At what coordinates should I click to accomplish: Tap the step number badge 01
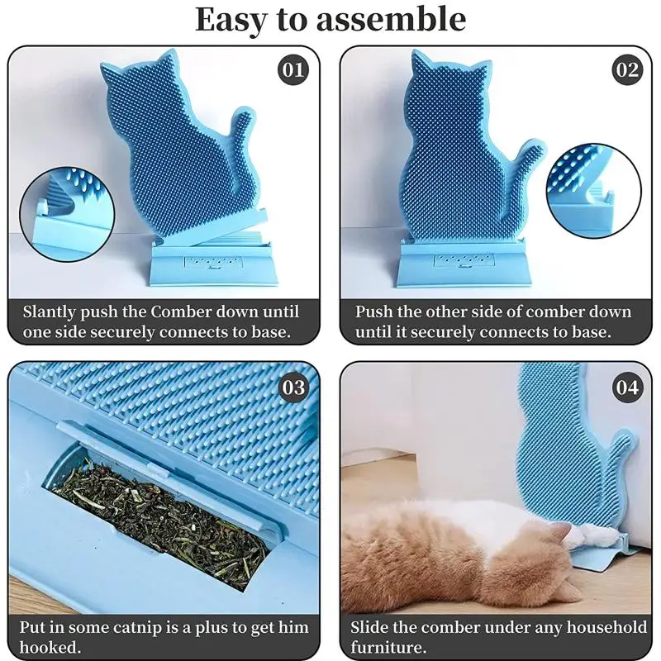click(293, 69)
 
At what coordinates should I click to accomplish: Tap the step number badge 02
click(627, 69)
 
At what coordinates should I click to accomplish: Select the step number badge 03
click(293, 387)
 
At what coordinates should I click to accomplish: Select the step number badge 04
click(627, 387)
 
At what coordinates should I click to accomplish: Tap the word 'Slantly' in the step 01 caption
click(53, 312)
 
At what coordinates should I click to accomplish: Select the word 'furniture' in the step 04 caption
click(387, 648)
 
